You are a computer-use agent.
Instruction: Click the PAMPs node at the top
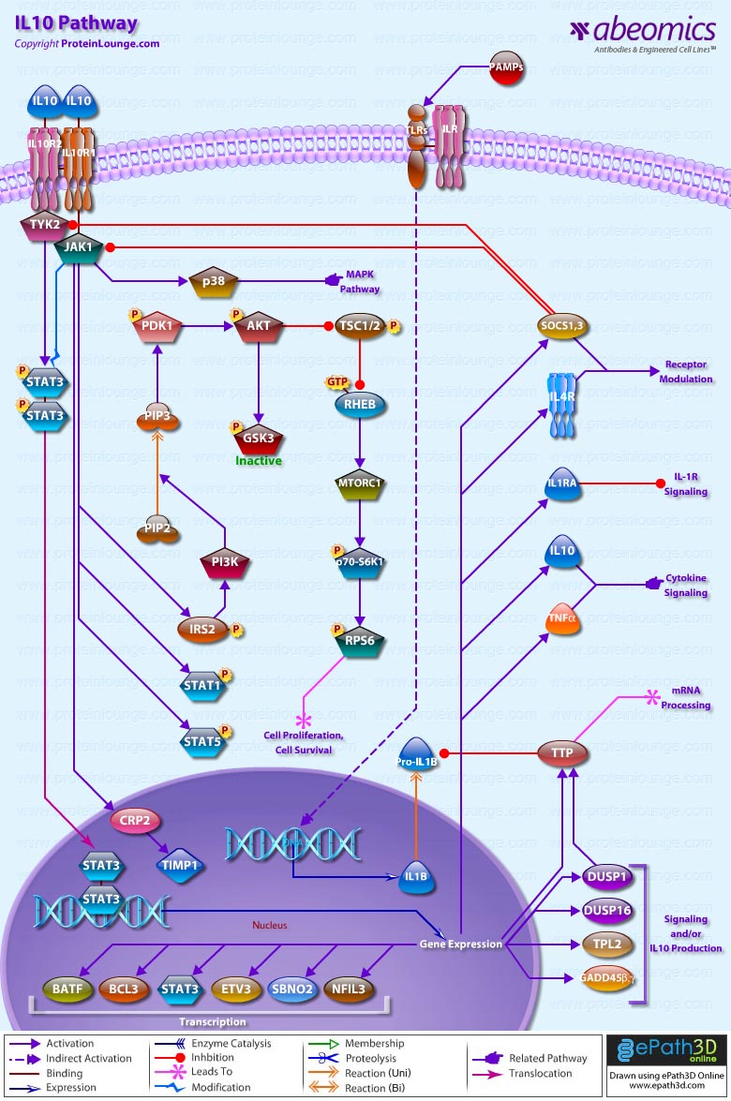point(506,69)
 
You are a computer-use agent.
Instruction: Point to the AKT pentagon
point(258,327)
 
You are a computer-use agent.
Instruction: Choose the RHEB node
point(362,402)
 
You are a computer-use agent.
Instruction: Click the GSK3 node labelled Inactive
point(259,438)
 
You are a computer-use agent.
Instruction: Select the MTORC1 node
point(362,484)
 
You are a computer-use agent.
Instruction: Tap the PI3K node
point(225,562)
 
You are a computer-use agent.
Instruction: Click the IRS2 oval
point(202,630)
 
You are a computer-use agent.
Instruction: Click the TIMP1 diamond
point(181,866)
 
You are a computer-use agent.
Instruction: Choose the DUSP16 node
point(607,911)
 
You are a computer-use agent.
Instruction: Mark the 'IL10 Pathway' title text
point(76,23)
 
